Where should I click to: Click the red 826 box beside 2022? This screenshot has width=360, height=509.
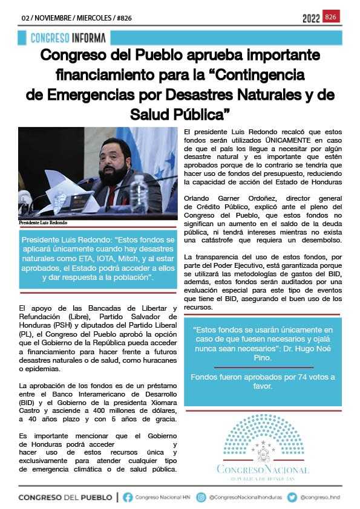[331, 17]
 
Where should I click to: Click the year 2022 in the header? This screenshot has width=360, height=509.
[311, 19]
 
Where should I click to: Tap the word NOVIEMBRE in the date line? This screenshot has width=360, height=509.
[52, 18]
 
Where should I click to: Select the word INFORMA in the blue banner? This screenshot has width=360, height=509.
[87, 38]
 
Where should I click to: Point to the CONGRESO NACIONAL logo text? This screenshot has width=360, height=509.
[263, 470]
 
